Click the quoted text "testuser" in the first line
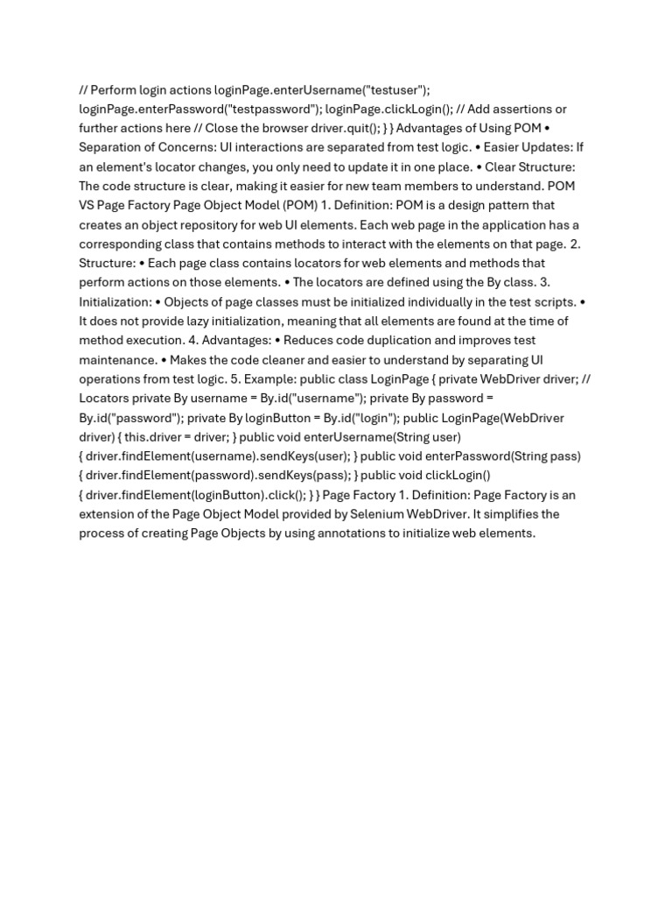coord(397,89)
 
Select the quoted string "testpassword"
coord(270,109)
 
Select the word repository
coord(225,224)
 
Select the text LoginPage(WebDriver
coord(507,417)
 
